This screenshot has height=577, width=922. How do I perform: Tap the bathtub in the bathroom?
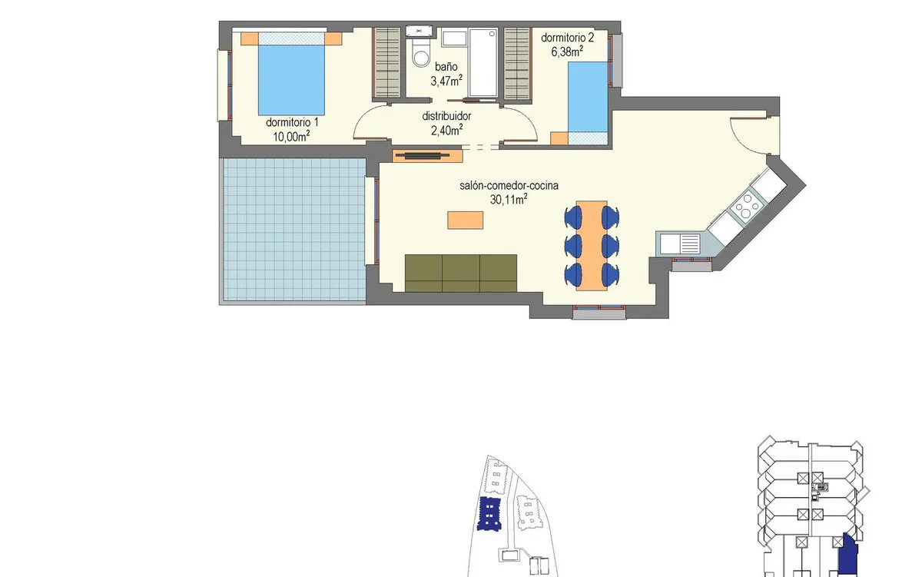click(483, 62)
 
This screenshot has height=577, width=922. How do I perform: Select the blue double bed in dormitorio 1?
click(291, 74)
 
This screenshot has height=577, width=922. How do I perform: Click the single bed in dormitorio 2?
click(588, 103)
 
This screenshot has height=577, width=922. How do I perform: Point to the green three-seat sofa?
click(460, 274)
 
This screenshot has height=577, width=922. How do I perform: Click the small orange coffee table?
click(465, 220)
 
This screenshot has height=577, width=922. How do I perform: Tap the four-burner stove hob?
click(746, 205)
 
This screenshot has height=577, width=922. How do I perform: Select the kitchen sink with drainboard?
click(680, 244)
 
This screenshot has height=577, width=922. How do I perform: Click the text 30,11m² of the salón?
click(509, 200)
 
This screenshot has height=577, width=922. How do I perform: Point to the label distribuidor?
click(446, 116)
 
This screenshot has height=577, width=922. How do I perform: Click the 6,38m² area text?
click(567, 51)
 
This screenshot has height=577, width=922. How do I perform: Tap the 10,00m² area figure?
click(291, 136)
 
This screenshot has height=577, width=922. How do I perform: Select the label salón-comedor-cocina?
click(509, 186)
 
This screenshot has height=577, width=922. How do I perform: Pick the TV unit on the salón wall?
click(428, 155)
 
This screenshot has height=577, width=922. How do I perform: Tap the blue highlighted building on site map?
click(489, 514)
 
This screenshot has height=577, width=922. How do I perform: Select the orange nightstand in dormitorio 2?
click(559, 138)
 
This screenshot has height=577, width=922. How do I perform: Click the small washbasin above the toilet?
click(419, 31)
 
